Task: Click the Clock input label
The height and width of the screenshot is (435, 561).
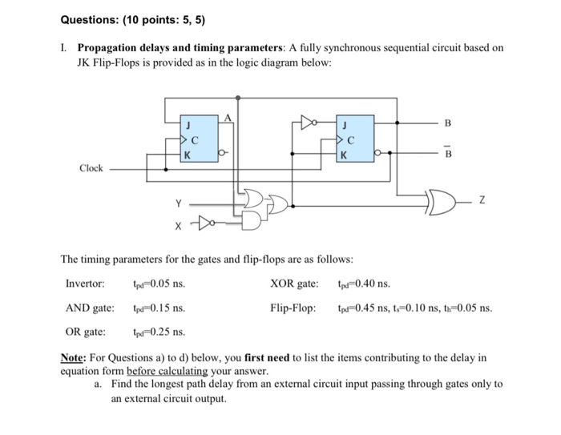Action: coord(91,168)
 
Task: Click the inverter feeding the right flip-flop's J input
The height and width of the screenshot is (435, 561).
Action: coord(307,123)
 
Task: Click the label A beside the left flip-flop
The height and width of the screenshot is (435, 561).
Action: coord(227,118)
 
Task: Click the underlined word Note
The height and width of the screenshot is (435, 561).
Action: coord(76,357)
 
